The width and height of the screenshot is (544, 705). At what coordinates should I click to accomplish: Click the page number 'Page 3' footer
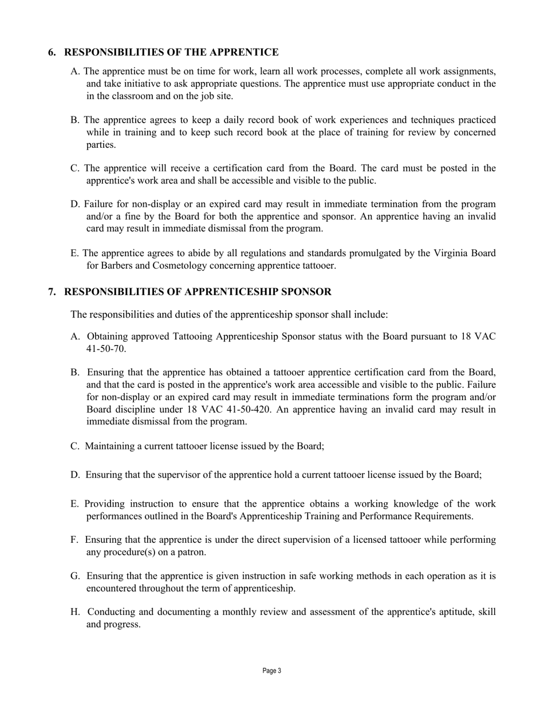coord(272,671)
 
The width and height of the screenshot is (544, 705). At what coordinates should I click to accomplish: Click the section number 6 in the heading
coord(52,53)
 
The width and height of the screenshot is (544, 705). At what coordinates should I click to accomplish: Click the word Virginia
coord(451,253)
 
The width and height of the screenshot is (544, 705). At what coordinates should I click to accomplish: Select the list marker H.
coord(74,612)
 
